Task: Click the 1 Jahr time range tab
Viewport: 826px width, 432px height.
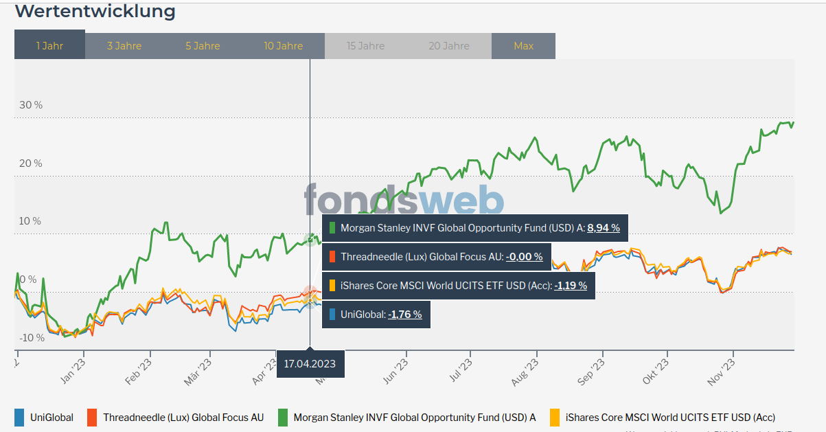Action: click(x=49, y=46)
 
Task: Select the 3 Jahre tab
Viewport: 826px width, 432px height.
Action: click(x=124, y=46)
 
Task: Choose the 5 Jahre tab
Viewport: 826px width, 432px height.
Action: click(x=203, y=46)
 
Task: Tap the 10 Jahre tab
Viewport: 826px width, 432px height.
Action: click(x=283, y=46)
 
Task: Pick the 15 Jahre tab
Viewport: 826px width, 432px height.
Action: click(x=365, y=46)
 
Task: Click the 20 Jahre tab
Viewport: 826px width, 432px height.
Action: click(x=449, y=46)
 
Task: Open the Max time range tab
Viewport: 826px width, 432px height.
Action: click(x=523, y=46)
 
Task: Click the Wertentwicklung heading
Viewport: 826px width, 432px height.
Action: click(x=95, y=12)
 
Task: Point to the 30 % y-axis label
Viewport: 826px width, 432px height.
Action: click(x=31, y=105)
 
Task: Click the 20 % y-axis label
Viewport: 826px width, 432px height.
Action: click(x=31, y=163)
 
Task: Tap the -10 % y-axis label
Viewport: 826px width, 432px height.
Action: click(x=31, y=338)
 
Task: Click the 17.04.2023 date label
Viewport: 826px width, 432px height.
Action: click(x=310, y=364)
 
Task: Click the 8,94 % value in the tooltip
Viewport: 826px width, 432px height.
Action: click(x=604, y=228)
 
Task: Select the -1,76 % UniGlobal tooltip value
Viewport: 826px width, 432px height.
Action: click(x=404, y=315)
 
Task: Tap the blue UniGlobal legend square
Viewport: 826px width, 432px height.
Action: click(x=19, y=417)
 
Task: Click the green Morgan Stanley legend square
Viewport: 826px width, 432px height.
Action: click(x=282, y=417)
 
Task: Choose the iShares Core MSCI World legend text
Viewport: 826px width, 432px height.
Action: click(x=670, y=417)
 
